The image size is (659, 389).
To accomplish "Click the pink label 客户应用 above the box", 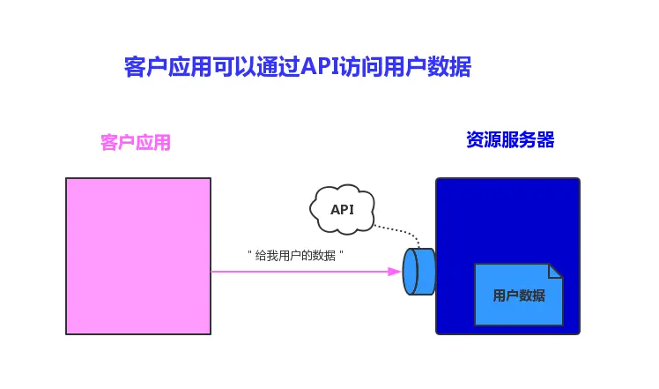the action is [x=136, y=142].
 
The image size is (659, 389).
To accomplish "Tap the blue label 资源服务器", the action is [x=510, y=140].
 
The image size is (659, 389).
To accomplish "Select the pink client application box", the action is [x=138, y=256].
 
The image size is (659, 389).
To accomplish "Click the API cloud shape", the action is [x=343, y=208].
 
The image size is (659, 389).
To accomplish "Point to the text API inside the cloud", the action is [x=342, y=210].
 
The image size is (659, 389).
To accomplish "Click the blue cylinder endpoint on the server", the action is [x=419, y=272].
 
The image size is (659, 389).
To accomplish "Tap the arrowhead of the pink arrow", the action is [x=396, y=272].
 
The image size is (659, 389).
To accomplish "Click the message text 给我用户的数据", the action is [x=295, y=256].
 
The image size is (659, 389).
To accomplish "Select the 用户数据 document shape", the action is [x=518, y=295].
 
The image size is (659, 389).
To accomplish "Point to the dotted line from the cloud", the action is [x=402, y=233].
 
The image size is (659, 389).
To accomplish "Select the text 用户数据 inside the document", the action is [x=518, y=295].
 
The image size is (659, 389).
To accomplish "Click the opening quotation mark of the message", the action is [x=250, y=253].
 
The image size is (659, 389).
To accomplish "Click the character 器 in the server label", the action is [x=545, y=140].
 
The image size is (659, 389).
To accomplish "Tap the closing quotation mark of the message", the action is [x=341, y=253].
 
